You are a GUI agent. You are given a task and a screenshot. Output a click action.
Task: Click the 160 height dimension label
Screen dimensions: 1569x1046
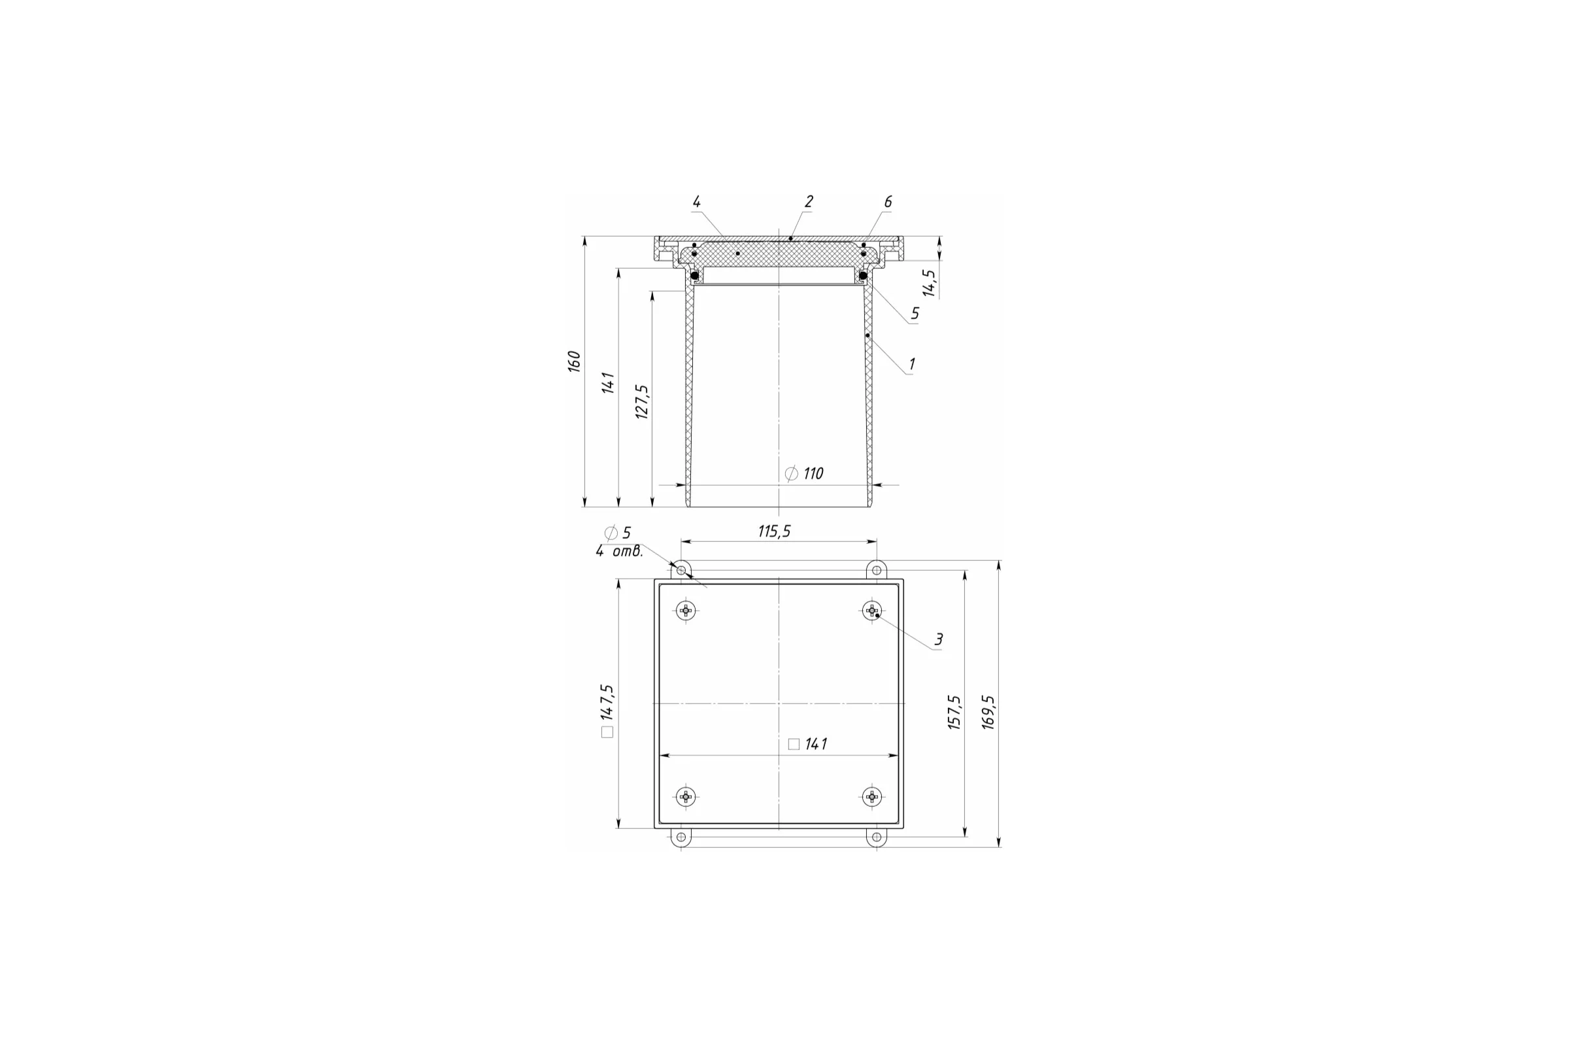point(575,361)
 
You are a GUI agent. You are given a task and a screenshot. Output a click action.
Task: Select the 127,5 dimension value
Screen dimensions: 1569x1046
point(642,401)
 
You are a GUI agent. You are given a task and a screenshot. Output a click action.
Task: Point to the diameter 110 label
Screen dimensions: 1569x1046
point(805,473)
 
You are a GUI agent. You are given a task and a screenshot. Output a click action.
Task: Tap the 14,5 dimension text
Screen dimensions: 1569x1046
point(929,283)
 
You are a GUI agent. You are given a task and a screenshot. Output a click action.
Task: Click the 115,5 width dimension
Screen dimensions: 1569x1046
point(774,531)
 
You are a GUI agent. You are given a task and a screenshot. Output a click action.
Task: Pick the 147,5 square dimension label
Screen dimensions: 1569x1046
point(607,711)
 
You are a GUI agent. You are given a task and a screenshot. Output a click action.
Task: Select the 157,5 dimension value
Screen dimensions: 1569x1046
point(954,712)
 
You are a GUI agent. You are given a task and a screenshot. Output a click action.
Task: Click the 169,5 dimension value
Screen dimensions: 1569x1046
point(988,712)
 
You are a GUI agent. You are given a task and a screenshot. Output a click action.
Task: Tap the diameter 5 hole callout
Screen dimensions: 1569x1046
point(618,533)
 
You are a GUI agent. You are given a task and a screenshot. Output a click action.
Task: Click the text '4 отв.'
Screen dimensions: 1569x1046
point(620,551)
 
